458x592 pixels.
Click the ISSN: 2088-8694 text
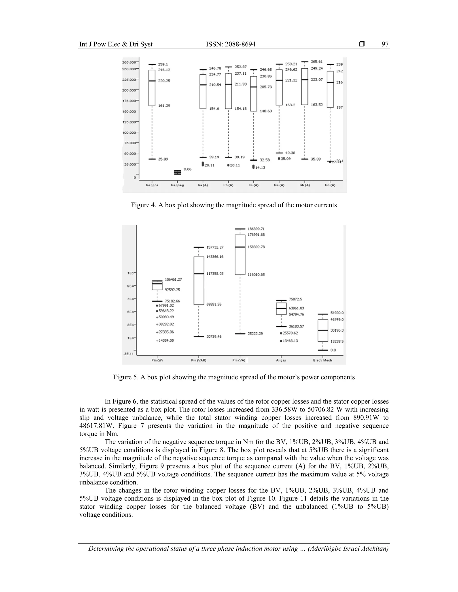coord(231,44)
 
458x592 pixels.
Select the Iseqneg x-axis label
coord(177,185)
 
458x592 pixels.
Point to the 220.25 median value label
coord(164,81)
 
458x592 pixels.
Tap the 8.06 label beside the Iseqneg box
coord(187,169)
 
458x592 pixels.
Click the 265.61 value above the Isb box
coord(317,61)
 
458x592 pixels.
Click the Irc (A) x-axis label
coord(253,185)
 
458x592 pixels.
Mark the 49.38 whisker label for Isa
coord(290,153)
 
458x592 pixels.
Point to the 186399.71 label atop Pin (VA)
coord(256,229)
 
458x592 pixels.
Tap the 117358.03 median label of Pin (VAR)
coord(215,274)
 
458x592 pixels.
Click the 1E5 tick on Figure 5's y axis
coord(131,273)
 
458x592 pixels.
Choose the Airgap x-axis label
coord(281,360)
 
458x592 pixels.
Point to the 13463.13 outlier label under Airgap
coord(290,341)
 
